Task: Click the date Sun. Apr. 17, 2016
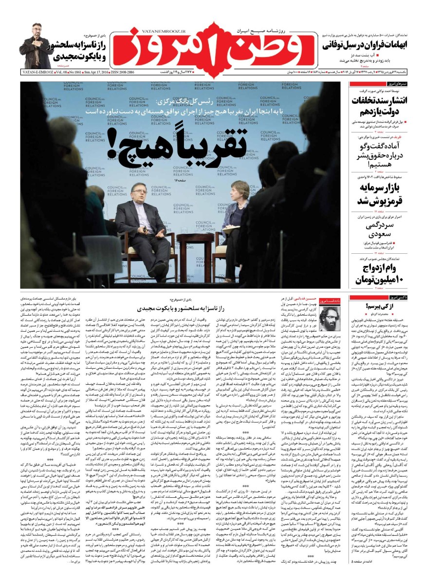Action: pyautogui.click(x=90, y=72)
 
